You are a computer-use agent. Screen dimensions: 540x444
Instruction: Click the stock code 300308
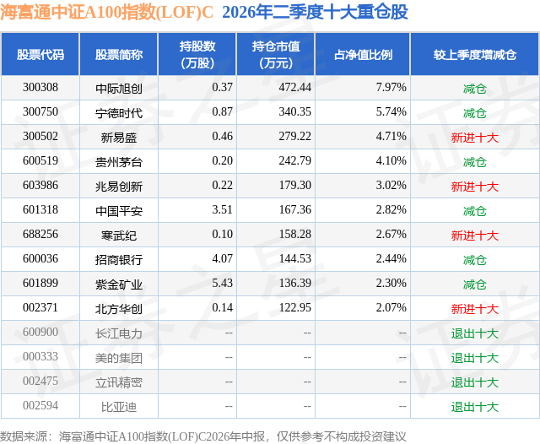pos(40,88)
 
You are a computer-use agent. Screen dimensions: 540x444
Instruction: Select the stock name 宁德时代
pos(119,113)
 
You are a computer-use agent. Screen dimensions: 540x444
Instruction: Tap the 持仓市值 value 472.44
pos(295,88)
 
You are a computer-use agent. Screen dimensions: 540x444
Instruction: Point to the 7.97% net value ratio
pos(391,88)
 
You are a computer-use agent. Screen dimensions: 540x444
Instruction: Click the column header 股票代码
pos(40,54)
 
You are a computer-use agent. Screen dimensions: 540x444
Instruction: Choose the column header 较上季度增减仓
pos(475,54)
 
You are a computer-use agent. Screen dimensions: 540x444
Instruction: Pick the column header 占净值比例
pos(363,54)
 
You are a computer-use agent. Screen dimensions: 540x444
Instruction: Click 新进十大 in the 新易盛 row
pos(475,138)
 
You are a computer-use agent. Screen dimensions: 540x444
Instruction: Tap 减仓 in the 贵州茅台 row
pos(475,162)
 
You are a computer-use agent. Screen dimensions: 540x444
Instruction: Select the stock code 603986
pos(40,186)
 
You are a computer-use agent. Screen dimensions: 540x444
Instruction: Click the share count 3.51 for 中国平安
pos(223,210)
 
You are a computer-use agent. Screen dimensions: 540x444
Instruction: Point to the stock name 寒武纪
pos(119,236)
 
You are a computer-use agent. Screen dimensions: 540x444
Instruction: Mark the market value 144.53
pos(295,258)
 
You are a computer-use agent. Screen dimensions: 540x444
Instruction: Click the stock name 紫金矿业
pos(119,284)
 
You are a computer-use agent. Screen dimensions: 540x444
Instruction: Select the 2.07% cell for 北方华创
pos(391,307)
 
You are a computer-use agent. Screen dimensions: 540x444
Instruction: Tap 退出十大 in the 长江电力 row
pos(475,333)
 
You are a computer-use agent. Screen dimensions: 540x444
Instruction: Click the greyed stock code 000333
pos(40,356)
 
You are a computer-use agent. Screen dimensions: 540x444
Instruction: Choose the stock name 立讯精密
pos(119,382)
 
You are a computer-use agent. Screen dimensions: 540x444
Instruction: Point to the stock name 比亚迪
pos(119,407)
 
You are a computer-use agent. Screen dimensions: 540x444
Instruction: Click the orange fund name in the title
pos(107,13)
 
